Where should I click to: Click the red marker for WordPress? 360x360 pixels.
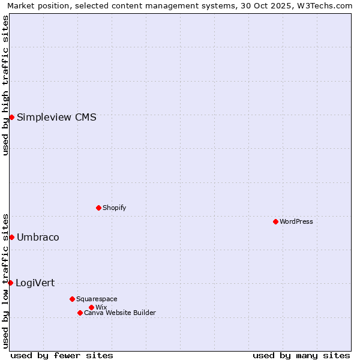point(275,221)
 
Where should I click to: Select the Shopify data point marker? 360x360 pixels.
point(98,208)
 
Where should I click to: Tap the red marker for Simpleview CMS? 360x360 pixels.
point(11,117)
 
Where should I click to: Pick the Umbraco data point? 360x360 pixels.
point(11,237)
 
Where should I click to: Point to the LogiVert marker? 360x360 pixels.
point(10,283)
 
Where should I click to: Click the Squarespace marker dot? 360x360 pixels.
point(72,299)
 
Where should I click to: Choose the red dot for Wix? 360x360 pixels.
point(91,307)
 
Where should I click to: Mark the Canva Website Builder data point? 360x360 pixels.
point(80,313)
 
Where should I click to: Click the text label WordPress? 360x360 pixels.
point(296,221)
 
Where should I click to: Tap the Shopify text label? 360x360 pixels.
point(114,208)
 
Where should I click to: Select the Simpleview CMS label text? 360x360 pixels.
point(56,117)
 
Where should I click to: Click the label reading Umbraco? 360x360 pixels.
point(38,237)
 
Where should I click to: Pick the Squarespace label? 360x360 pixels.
point(97,299)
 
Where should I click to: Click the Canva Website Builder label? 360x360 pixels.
point(119,313)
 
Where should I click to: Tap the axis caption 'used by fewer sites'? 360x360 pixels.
point(62,355)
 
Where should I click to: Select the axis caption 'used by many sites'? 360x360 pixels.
point(301,355)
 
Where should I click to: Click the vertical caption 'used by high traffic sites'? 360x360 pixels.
point(5,85)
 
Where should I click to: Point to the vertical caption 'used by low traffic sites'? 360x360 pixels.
point(5,280)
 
